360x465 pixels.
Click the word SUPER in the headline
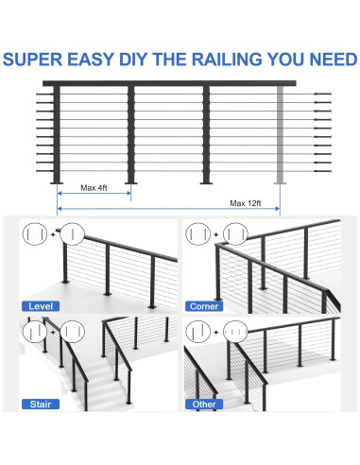(x=33, y=60)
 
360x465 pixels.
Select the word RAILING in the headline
(x=227, y=60)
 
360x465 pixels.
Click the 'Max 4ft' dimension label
(x=94, y=188)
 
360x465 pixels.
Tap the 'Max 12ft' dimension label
(x=246, y=203)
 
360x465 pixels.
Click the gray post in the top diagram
(x=280, y=134)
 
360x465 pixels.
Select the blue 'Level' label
(x=41, y=306)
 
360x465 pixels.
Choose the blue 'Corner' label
(x=204, y=306)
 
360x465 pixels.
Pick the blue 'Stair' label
(x=41, y=405)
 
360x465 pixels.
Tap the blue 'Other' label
(x=204, y=405)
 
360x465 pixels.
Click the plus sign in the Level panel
(x=53, y=234)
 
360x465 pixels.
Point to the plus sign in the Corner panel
(x=216, y=234)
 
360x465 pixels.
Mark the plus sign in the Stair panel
(x=53, y=332)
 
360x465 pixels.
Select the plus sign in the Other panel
(x=216, y=332)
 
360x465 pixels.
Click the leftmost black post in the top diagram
(x=57, y=134)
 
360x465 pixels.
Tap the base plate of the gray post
(x=280, y=182)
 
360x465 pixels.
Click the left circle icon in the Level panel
(x=35, y=234)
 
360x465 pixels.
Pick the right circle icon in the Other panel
(x=235, y=332)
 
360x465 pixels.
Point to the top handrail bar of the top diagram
(x=169, y=83)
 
